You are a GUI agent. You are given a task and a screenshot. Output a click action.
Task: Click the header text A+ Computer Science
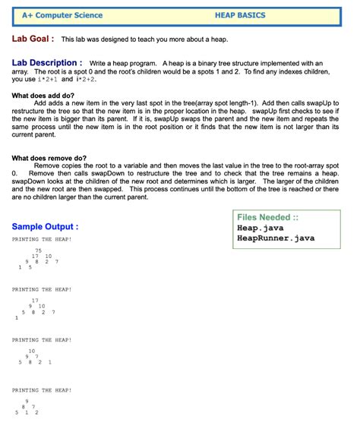[x=62, y=15]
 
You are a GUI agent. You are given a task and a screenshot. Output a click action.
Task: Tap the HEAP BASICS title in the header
[x=240, y=15]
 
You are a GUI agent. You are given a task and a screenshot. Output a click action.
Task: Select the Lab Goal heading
[x=31, y=39]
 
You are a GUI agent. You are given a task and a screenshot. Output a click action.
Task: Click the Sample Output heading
[x=45, y=227]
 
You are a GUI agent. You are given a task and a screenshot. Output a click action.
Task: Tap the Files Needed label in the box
[x=267, y=217]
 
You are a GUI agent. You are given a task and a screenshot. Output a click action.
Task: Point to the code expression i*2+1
[x=46, y=79]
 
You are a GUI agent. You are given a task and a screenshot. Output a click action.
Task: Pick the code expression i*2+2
[x=84, y=79]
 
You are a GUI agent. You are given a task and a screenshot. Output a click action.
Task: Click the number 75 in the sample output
[x=37, y=250]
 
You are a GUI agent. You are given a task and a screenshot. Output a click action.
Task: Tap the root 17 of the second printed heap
[x=35, y=301]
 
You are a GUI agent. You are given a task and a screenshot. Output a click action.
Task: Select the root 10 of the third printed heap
[x=32, y=351]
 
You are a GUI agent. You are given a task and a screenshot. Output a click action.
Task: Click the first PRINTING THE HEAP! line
[x=42, y=239]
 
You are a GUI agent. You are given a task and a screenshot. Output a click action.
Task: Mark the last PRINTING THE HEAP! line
[x=42, y=389]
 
